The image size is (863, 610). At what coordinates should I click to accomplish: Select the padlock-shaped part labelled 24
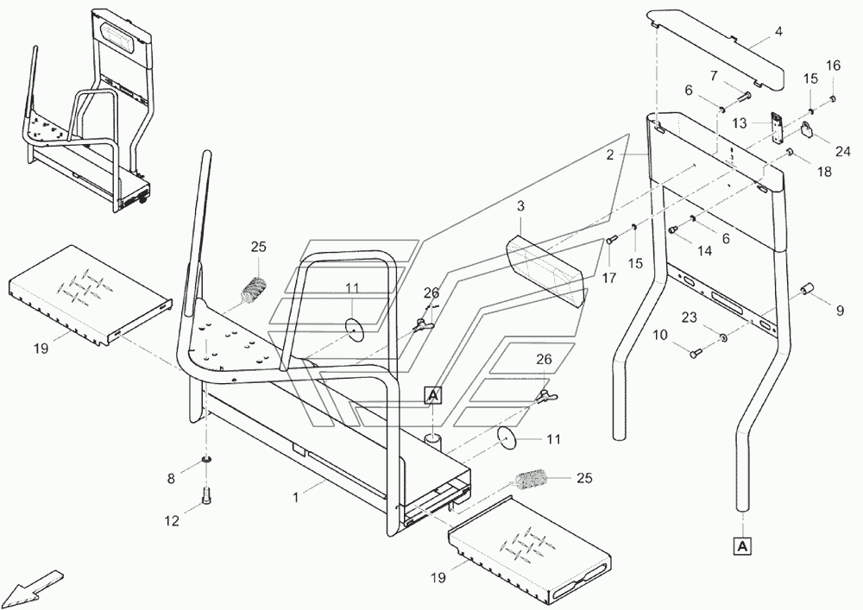(807, 130)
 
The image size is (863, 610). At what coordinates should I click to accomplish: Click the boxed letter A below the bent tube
(742, 545)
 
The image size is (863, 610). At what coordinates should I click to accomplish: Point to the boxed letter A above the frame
(432, 396)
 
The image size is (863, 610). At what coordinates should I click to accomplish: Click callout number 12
(172, 520)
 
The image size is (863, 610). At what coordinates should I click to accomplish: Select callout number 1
(296, 497)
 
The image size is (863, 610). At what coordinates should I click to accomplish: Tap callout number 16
(833, 66)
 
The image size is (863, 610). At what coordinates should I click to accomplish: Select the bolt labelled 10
(696, 352)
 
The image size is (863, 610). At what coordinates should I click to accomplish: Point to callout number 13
(740, 123)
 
